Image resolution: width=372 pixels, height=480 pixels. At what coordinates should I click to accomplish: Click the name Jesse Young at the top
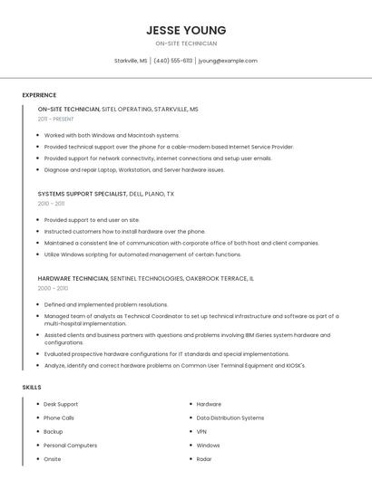click(186, 30)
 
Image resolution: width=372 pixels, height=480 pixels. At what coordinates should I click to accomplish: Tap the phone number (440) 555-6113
click(172, 61)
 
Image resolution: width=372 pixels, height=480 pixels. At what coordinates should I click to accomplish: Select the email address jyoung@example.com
click(228, 61)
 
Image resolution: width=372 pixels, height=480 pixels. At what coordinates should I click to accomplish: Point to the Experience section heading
click(39, 95)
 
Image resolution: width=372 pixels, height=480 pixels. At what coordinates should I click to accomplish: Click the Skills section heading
click(32, 387)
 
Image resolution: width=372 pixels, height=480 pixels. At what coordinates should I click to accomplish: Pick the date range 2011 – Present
click(55, 119)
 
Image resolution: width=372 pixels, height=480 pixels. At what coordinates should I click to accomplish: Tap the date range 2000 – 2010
click(53, 288)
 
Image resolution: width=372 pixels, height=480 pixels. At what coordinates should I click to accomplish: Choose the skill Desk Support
click(61, 404)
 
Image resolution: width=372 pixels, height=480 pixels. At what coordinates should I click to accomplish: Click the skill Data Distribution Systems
click(230, 418)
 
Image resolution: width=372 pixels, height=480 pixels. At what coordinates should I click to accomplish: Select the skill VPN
click(201, 431)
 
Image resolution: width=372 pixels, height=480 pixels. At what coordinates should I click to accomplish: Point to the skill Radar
click(203, 458)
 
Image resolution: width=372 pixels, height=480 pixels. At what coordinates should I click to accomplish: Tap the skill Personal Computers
click(70, 445)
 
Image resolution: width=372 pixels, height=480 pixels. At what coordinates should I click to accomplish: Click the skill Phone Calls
click(59, 418)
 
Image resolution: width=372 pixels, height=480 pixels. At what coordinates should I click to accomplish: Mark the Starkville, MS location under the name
click(131, 61)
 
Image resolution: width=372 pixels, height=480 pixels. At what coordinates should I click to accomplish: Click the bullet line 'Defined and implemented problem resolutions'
click(105, 304)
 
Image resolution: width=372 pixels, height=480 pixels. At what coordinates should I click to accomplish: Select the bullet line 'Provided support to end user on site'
click(92, 219)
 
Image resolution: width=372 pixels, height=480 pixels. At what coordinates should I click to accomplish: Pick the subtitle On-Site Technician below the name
click(186, 43)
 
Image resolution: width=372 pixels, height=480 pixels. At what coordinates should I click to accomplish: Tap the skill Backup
click(54, 431)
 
